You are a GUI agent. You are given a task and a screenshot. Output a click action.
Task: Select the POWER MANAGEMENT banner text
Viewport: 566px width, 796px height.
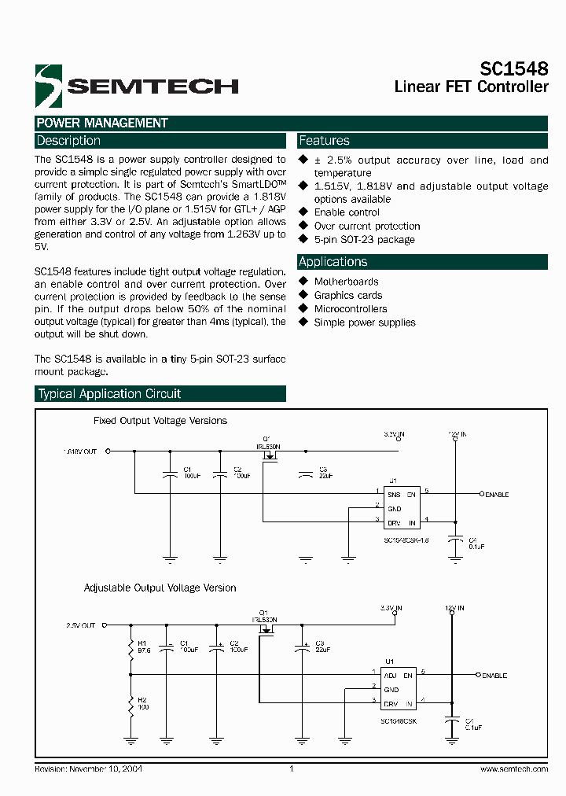click(x=102, y=123)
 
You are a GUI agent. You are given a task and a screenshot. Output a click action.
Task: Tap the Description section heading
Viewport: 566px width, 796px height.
click(x=69, y=141)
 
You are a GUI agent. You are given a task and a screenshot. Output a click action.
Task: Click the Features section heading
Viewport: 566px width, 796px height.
click(x=324, y=141)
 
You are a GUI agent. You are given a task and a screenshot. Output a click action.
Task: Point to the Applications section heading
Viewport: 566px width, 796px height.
click(x=333, y=262)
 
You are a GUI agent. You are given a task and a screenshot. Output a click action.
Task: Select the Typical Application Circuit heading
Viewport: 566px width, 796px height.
click(x=109, y=394)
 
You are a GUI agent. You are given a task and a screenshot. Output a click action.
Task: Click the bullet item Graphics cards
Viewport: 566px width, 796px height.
click(x=348, y=295)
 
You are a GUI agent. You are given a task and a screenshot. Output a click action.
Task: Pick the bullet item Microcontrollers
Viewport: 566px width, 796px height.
click(x=351, y=309)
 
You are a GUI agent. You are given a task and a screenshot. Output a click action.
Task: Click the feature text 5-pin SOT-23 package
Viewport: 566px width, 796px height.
click(x=364, y=240)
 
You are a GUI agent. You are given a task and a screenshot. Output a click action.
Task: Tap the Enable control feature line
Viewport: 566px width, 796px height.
click(x=347, y=212)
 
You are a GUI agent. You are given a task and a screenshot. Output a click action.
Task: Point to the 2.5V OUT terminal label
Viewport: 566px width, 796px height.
click(x=81, y=625)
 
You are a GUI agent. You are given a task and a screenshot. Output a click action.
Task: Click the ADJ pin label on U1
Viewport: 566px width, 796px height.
click(x=389, y=675)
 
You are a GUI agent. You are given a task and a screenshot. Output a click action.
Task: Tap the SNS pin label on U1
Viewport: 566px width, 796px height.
click(x=394, y=495)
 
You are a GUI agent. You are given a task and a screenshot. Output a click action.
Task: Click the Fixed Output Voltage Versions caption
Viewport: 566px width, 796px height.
click(x=160, y=422)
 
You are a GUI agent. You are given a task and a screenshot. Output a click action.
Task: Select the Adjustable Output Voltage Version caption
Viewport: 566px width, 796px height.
click(x=160, y=588)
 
